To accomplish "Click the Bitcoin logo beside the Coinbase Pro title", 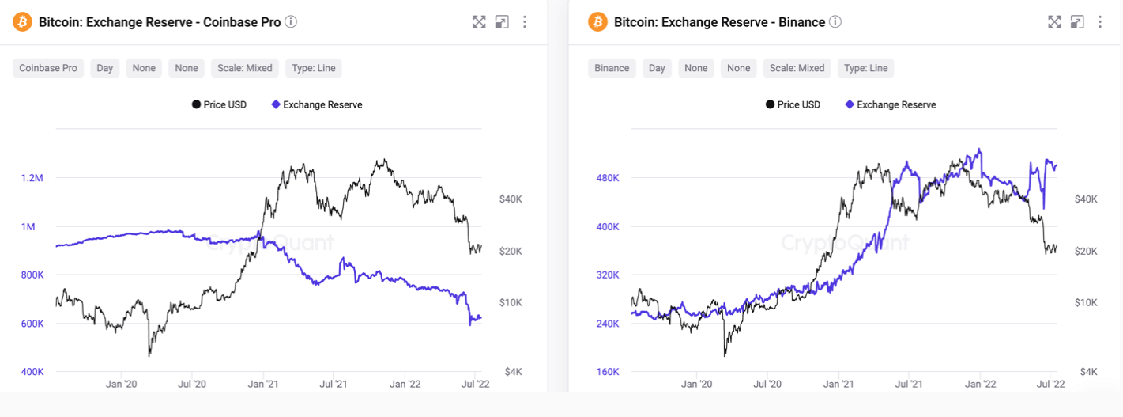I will pos(23,22).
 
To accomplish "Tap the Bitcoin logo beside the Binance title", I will pos(598,22).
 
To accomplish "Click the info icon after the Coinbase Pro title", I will pos(291,22).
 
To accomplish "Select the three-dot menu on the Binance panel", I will pos(1100,22).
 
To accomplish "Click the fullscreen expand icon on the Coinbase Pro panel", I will pos(479,22).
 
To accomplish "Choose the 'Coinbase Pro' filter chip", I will pos(48,68).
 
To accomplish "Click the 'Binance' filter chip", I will pos(612,68).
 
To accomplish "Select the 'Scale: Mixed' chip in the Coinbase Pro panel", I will pos(245,68).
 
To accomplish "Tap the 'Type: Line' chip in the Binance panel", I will pos(866,68).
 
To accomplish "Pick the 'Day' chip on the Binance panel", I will pos(657,68).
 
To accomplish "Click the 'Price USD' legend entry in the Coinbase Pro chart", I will pos(219,104).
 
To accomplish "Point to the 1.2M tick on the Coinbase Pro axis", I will pos(32,178).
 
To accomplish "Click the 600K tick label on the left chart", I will pos(32,324).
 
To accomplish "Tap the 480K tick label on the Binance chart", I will pos(607,178).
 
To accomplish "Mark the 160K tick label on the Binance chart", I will pos(607,372).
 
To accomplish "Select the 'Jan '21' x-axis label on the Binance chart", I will pos(838,384).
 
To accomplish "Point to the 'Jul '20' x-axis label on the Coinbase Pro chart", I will pos(192,384).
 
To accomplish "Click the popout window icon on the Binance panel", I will pos(1077,22).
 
